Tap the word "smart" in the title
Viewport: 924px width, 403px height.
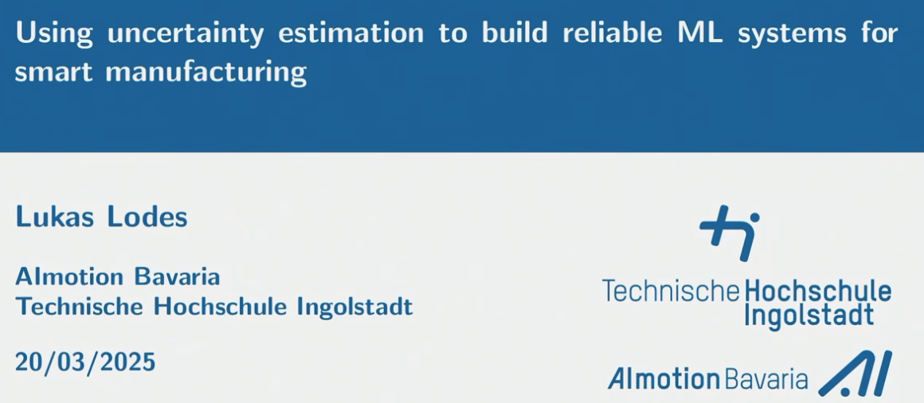click(53, 72)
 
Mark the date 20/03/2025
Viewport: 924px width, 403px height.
click(85, 362)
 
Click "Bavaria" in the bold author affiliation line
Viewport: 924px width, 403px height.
click(176, 277)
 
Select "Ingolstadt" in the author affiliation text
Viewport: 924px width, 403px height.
click(354, 306)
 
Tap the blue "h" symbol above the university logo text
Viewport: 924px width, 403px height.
click(730, 231)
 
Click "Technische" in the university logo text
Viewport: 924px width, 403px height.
click(671, 291)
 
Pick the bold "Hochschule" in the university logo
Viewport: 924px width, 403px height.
click(817, 291)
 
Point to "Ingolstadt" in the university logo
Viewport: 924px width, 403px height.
click(808, 315)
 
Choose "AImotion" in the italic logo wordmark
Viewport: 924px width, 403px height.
click(664, 379)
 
